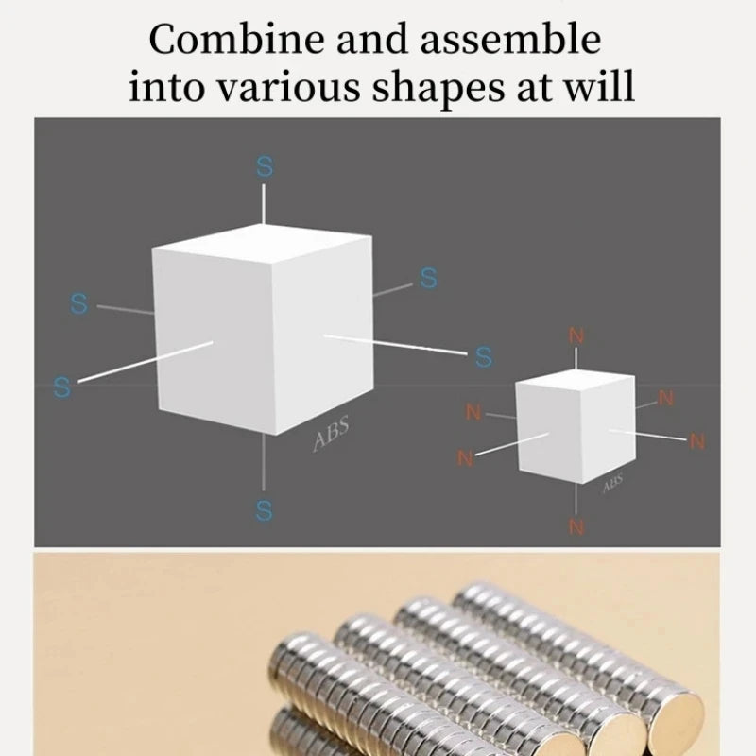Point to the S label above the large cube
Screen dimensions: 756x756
click(x=265, y=167)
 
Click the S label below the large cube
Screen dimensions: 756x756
click(x=264, y=511)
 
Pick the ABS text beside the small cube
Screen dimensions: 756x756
click(x=612, y=483)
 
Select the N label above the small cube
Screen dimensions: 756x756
click(x=576, y=336)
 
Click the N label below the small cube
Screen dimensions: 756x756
click(x=576, y=527)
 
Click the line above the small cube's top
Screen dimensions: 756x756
click(x=576, y=358)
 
